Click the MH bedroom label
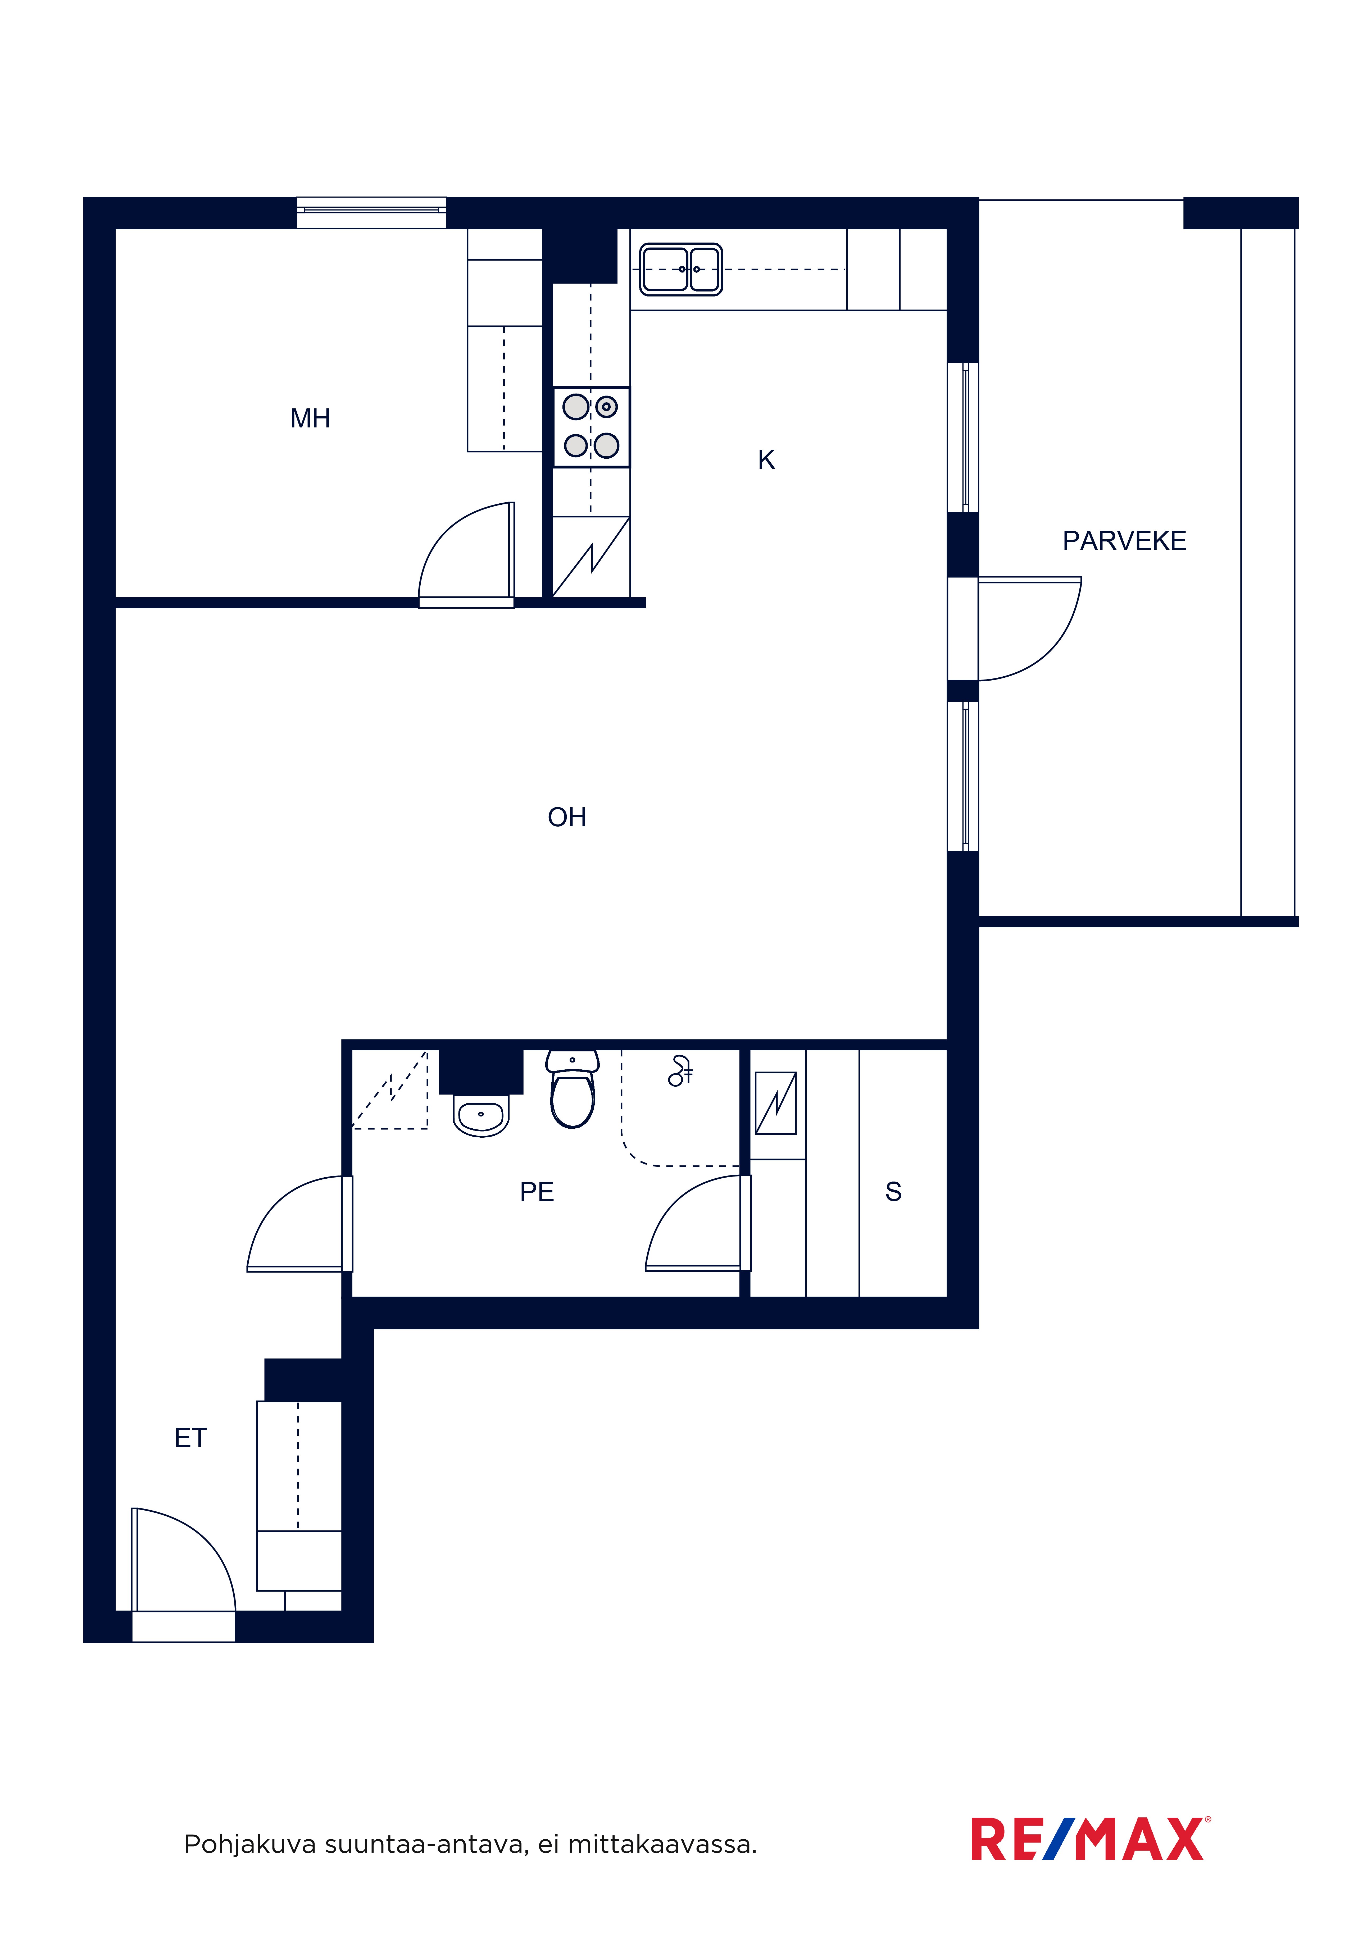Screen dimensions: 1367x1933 [310, 418]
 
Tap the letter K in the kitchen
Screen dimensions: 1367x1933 [766, 460]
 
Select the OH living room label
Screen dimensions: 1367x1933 [567, 817]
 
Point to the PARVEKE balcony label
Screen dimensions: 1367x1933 [1124, 540]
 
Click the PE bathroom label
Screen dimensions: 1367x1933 [537, 1192]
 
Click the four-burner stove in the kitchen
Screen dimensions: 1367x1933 [591, 427]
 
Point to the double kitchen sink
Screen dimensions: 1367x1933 [680, 270]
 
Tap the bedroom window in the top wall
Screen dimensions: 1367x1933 [371, 212]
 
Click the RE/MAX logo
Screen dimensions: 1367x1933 [1091, 1840]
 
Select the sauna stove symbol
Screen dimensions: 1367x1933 [776, 1103]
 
